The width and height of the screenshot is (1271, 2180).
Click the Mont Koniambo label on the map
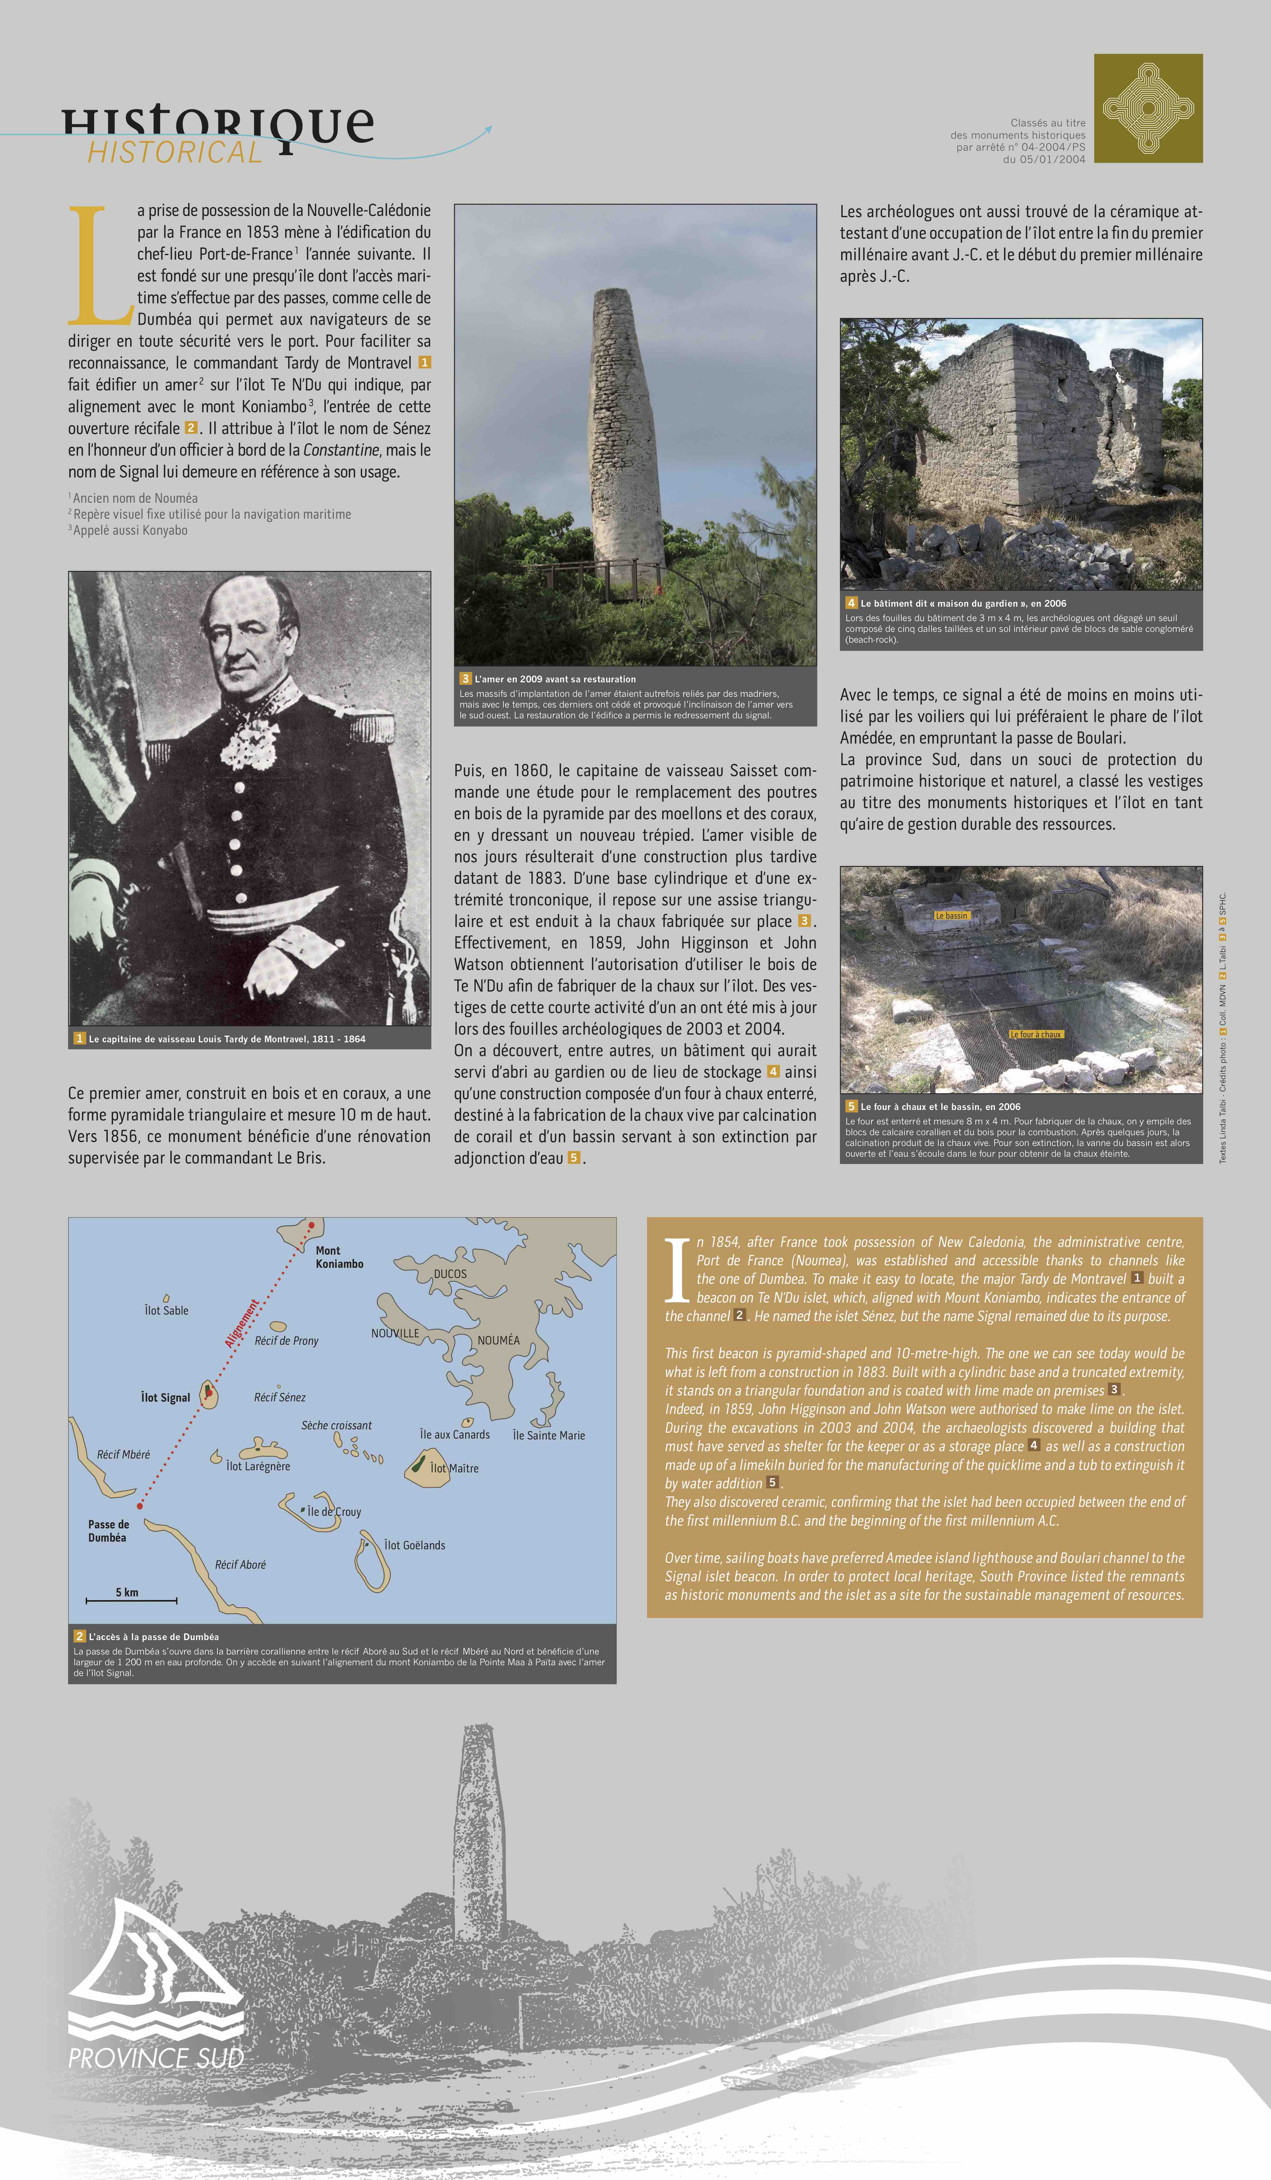tap(339, 1257)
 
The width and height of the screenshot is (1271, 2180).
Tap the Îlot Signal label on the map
tap(165, 1397)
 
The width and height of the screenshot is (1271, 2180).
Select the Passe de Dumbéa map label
tap(108, 1530)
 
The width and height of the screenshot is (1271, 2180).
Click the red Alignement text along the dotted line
tap(241, 1324)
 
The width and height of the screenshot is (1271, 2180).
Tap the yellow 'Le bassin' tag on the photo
tap(951, 915)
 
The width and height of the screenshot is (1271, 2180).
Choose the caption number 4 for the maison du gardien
tap(851, 603)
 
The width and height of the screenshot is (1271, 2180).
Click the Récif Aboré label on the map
tap(240, 1564)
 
